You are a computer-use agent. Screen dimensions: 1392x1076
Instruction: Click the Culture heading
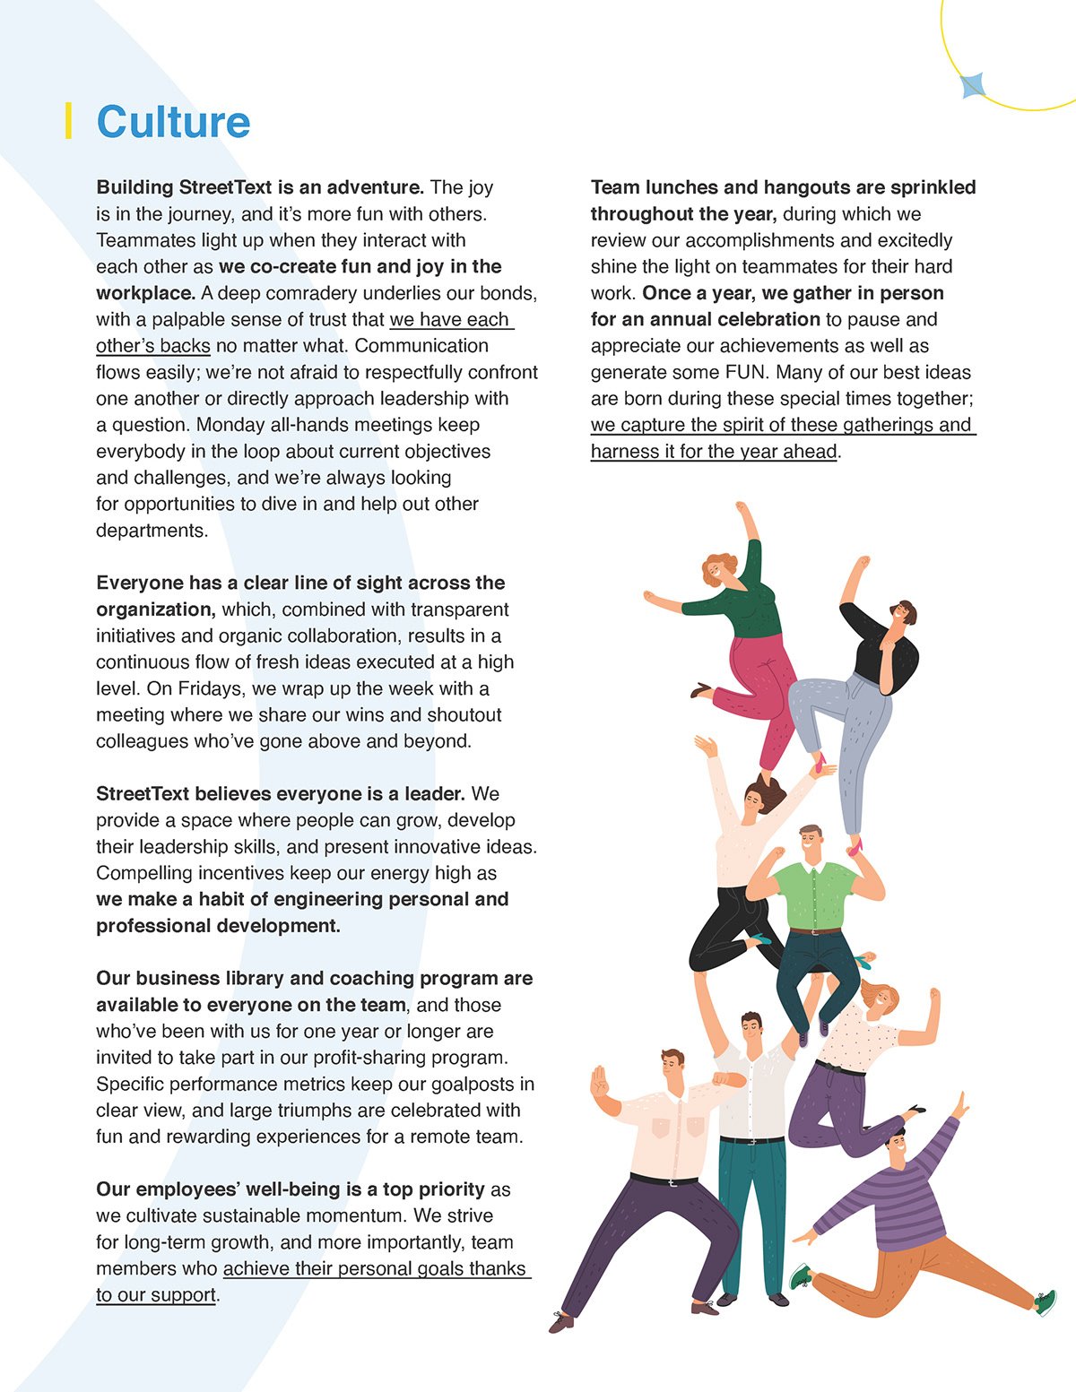tap(173, 122)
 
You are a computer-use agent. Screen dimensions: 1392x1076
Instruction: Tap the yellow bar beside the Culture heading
tap(68, 121)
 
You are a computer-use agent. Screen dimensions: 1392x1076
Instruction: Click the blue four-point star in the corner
tap(973, 86)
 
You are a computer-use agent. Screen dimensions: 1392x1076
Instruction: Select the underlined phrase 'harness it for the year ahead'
tap(714, 452)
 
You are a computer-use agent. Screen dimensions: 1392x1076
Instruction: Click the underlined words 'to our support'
tap(156, 1295)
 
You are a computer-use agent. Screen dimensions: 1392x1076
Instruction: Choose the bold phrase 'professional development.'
tap(218, 926)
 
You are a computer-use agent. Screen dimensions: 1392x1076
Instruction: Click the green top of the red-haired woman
tap(743, 610)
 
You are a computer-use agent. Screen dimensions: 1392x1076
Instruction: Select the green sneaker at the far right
tap(1046, 1302)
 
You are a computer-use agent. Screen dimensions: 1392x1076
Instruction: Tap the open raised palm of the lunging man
tap(599, 1083)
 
